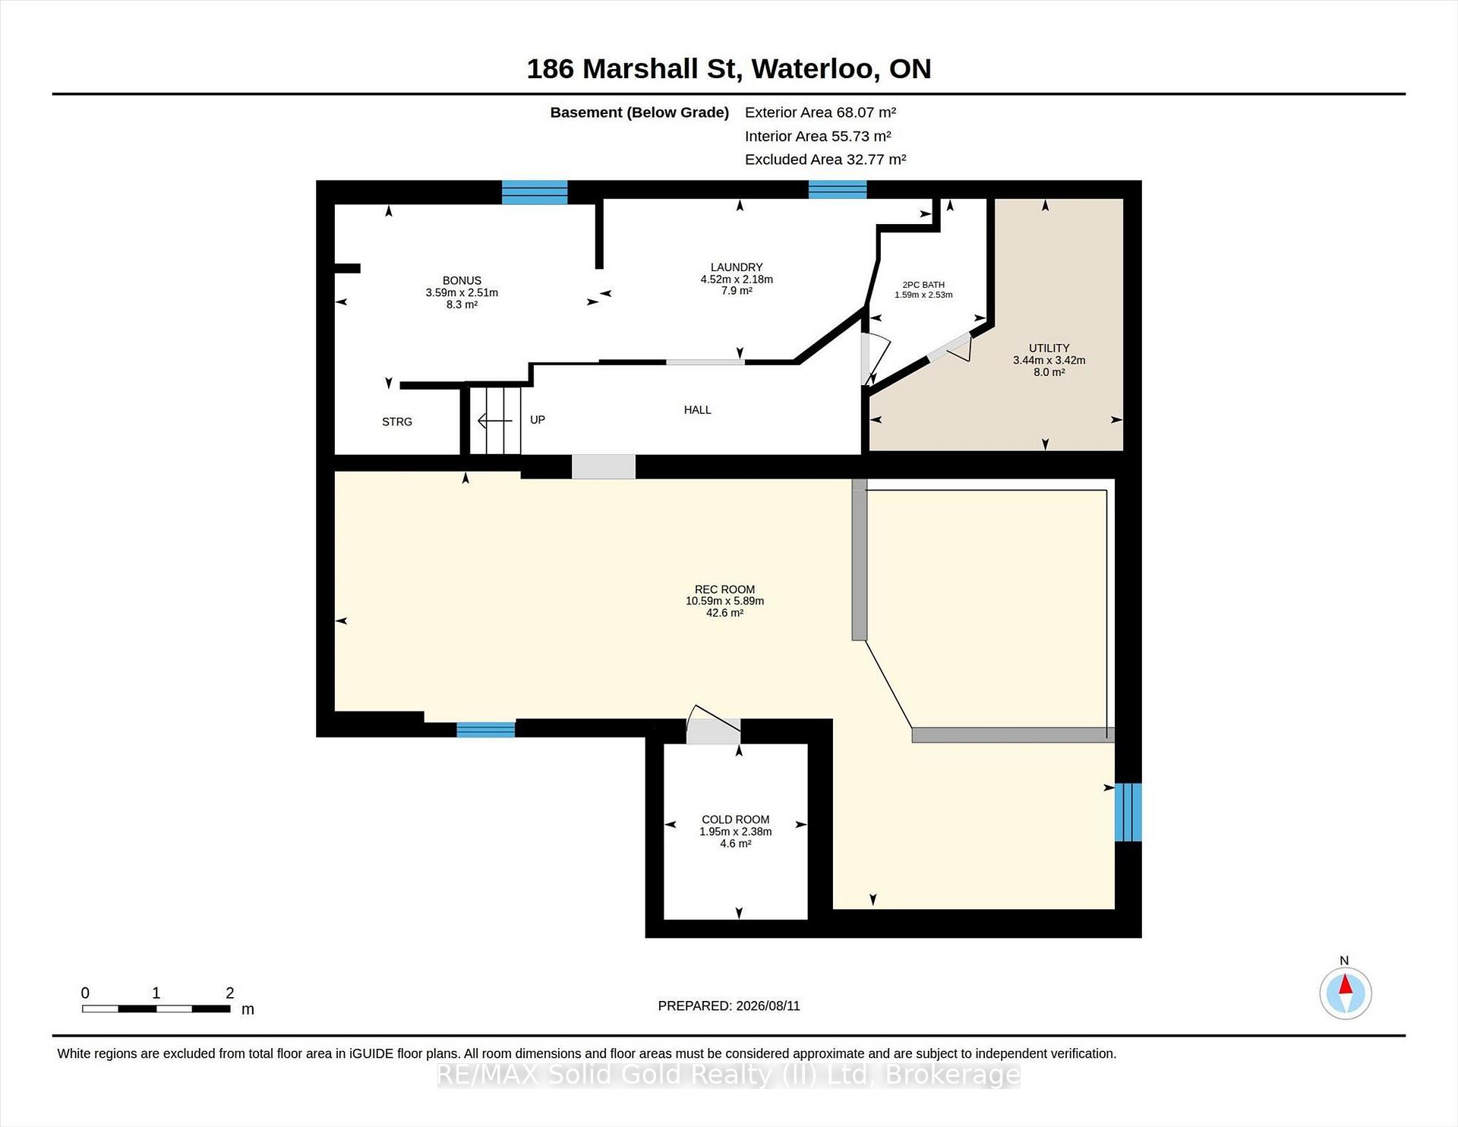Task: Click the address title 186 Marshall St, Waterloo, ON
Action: coord(729,69)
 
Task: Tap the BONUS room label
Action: coord(462,280)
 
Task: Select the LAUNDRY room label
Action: coord(737,267)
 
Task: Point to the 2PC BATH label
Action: coord(923,285)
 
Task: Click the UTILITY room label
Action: coord(1049,348)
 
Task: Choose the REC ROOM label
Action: coord(724,589)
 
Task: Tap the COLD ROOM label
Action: coord(735,819)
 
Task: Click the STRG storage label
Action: coord(397,421)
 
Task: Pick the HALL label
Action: coord(697,410)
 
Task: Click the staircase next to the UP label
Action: coord(495,420)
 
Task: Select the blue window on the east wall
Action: coord(1128,812)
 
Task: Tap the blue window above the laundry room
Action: coord(838,189)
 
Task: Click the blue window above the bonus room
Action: coord(535,192)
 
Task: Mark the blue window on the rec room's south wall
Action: coord(485,729)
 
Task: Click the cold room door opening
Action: coord(713,731)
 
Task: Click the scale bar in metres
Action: coord(156,1009)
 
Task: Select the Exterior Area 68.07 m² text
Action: coord(820,112)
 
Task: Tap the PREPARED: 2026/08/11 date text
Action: coord(729,1005)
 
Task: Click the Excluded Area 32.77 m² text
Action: coord(825,159)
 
